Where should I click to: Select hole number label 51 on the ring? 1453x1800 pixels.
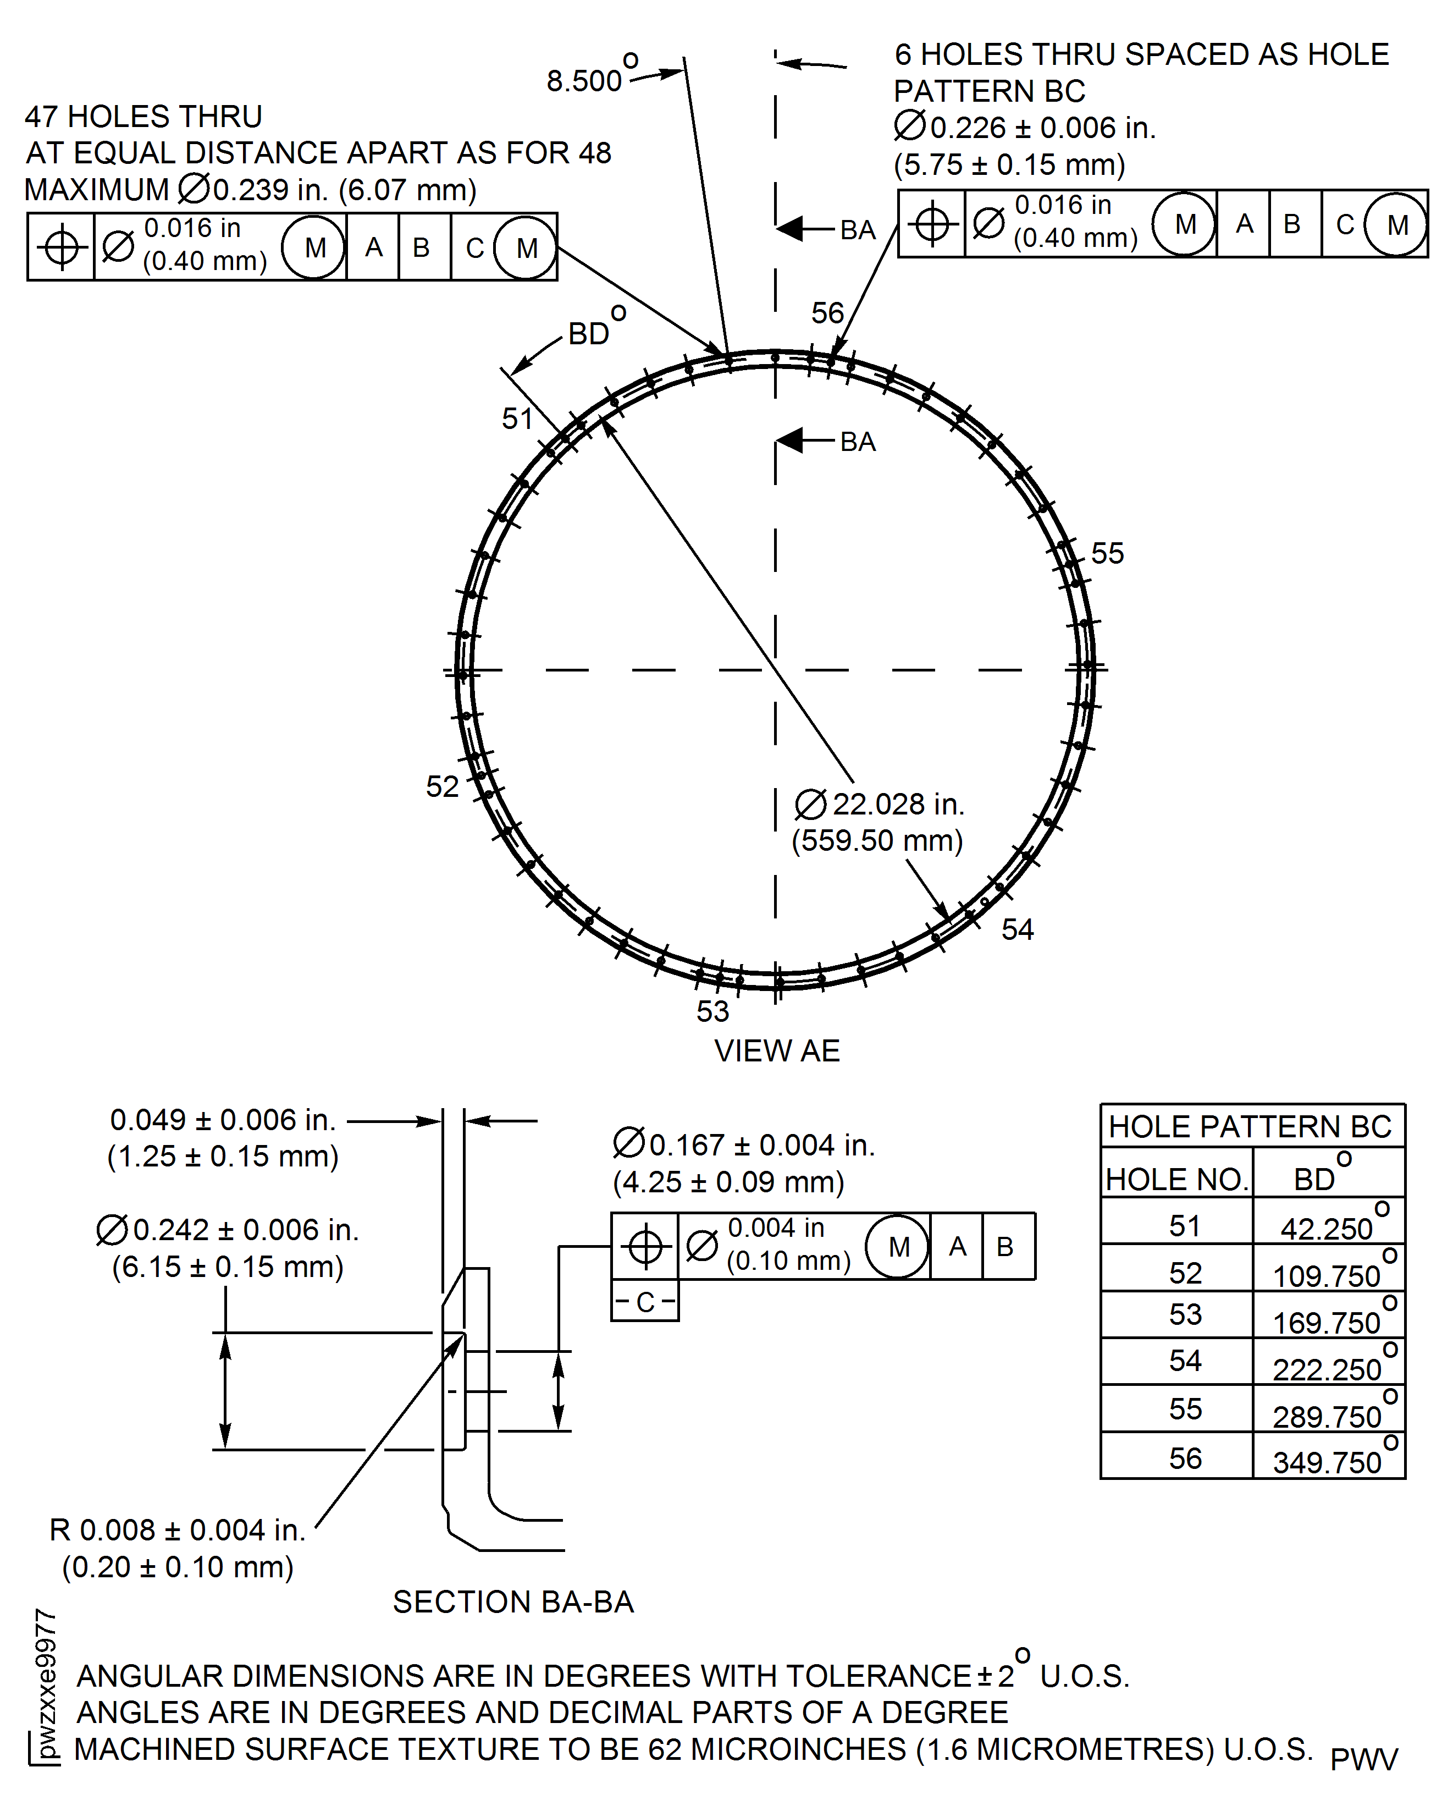click(x=517, y=418)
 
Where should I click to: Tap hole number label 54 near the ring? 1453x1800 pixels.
click(x=1017, y=929)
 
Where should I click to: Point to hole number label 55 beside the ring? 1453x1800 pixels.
click(x=1107, y=553)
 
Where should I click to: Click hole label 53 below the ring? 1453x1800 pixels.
click(x=712, y=1011)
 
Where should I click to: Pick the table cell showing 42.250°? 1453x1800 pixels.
click(x=1328, y=1227)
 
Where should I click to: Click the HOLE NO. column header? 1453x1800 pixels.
click(x=1176, y=1180)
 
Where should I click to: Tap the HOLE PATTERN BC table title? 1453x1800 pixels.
click(x=1251, y=1127)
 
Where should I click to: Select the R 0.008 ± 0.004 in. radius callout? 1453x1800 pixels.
click(x=178, y=1531)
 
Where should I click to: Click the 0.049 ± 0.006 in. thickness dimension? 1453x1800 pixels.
click(x=223, y=1120)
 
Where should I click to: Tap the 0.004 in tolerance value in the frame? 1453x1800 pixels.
click(x=776, y=1228)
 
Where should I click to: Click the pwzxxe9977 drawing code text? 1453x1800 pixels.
click(x=46, y=1683)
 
